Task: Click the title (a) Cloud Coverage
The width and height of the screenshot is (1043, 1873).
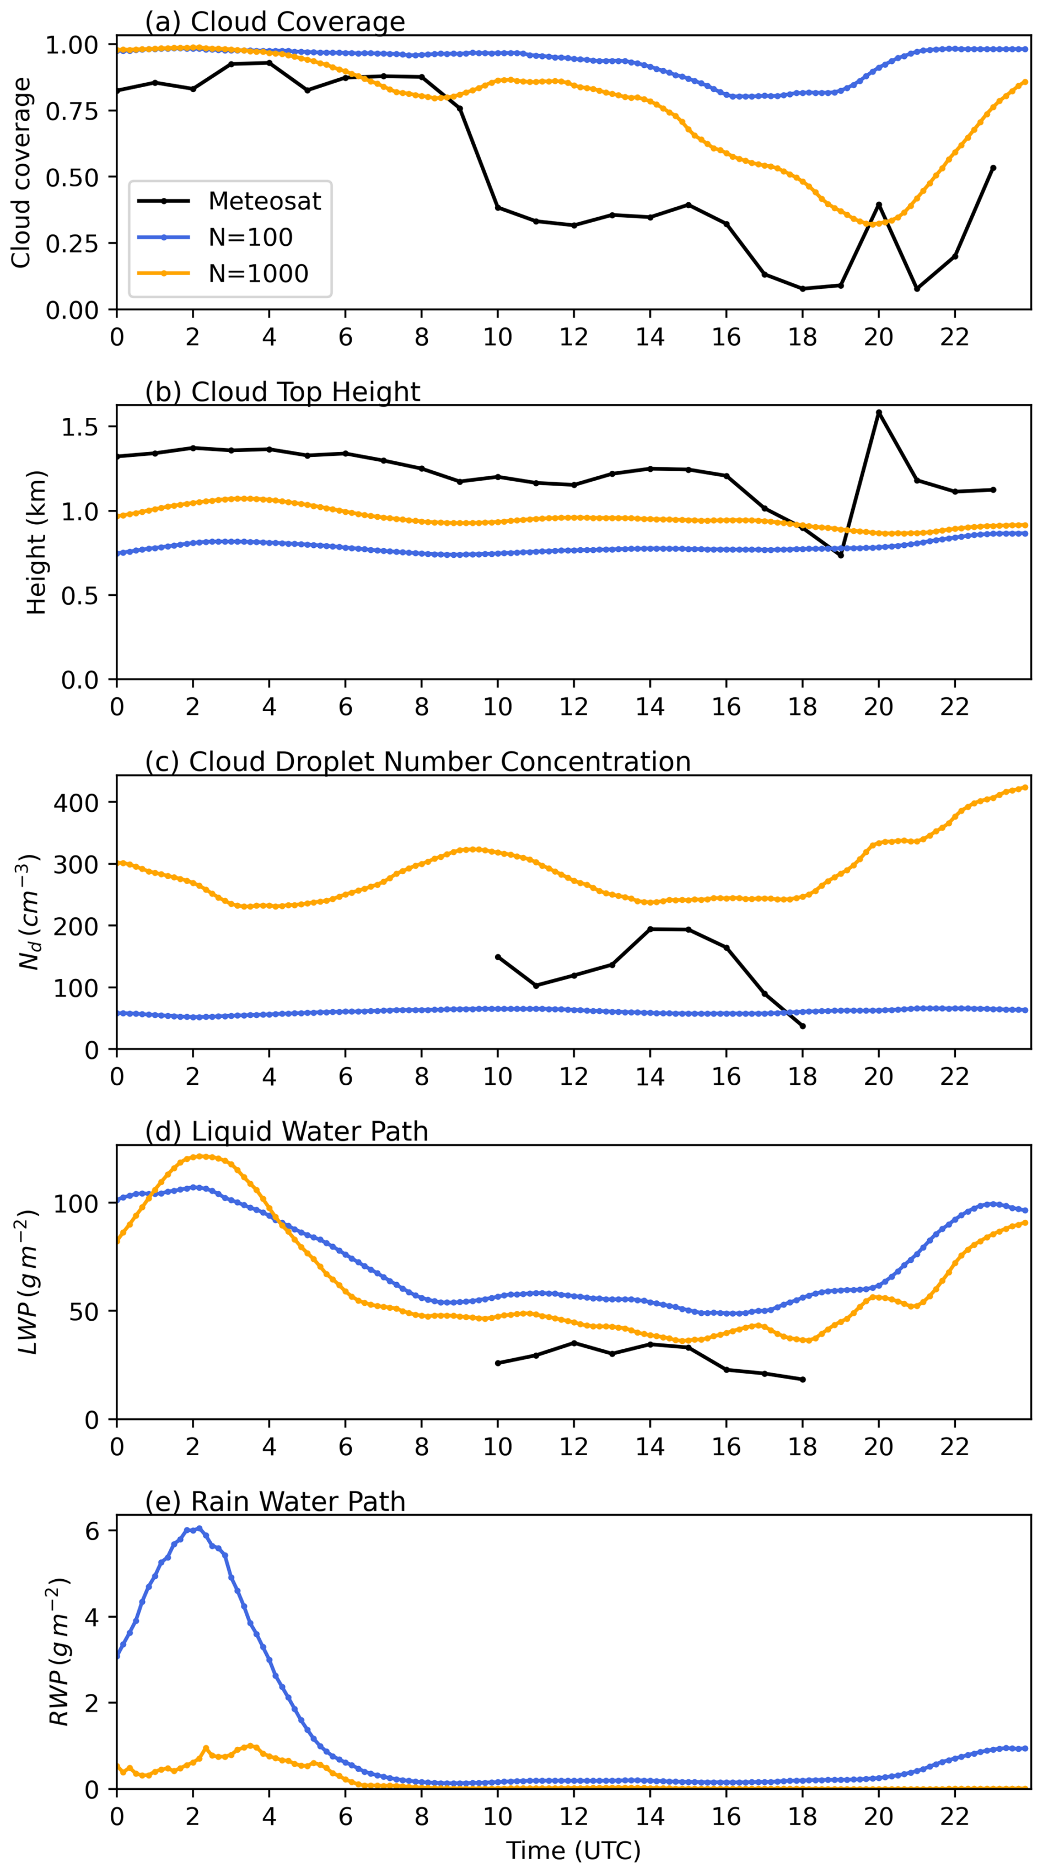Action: click(x=275, y=22)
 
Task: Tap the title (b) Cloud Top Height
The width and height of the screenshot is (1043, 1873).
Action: click(x=282, y=392)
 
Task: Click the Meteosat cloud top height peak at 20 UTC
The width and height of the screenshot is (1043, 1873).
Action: click(x=879, y=412)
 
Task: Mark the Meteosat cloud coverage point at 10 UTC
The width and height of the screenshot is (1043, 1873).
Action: click(x=497, y=208)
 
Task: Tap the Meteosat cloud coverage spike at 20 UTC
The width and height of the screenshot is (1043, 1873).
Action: click(x=879, y=205)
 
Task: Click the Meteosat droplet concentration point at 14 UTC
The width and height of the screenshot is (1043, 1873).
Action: click(x=650, y=929)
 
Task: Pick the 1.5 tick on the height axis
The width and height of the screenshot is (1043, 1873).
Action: click(x=80, y=427)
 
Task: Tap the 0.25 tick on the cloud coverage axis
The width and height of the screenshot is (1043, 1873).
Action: click(x=71, y=244)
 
